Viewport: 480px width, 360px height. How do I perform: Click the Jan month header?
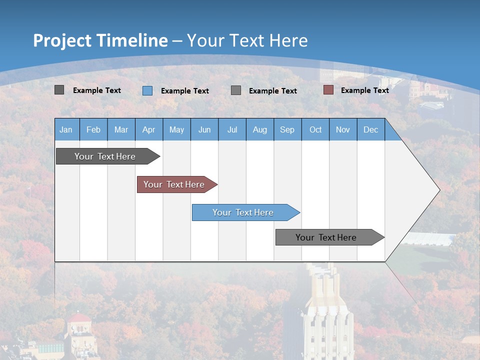tap(66, 129)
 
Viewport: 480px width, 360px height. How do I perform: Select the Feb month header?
tap(93, 129)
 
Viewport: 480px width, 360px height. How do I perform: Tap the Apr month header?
tap(148, 129)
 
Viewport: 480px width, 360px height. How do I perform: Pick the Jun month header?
tap(204, 129)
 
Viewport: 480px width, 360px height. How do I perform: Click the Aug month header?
tap(260, 129)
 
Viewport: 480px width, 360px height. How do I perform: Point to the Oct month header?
tap(315, 129)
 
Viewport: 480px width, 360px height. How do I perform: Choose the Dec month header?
tap(371, 129)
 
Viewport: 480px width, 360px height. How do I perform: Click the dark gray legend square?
tap(59, 90)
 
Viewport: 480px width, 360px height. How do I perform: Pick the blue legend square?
tap(147, 90)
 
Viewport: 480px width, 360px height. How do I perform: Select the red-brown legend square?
tap(328, 90)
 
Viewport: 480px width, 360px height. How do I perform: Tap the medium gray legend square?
tap(236, 90)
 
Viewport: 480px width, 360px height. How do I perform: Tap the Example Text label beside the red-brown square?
tap(364, 90)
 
